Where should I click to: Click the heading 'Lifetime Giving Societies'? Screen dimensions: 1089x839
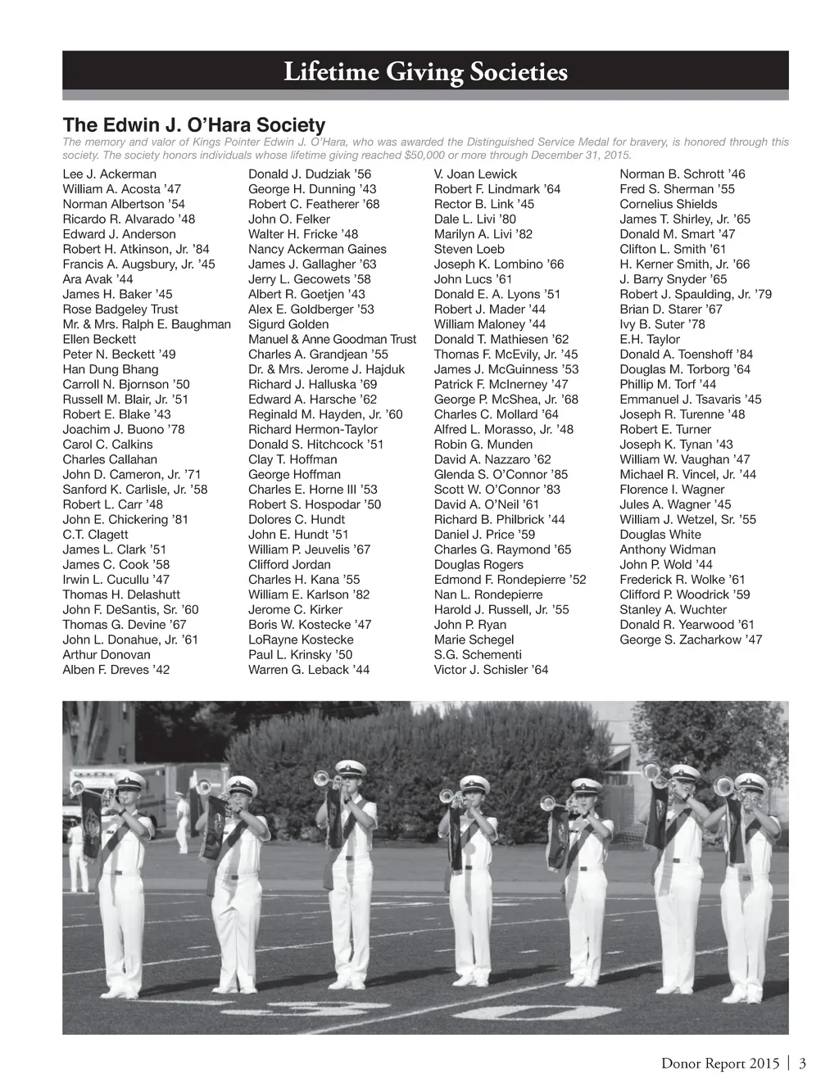(425, 73)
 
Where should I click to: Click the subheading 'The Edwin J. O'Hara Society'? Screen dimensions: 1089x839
(194, 125)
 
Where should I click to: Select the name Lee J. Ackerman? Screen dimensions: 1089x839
(109, 174)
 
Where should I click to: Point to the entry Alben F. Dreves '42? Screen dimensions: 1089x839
(116, 670)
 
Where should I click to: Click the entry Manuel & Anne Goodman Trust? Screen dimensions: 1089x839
(332, 340)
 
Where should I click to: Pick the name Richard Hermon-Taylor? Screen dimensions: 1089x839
(313, 430)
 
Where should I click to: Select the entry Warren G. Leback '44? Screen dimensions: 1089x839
(309, 670)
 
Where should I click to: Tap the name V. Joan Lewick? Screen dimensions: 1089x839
(475, 174)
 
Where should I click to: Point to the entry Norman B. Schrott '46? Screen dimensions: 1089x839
(683, 174)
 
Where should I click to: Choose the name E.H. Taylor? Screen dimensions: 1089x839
(650, 340)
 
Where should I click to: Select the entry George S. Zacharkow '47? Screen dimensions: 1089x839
(691, 640)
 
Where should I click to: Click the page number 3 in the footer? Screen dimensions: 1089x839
(803, 1064)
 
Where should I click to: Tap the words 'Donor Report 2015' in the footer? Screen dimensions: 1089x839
(720, 1064)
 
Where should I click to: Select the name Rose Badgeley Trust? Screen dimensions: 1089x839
(120, 310)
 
